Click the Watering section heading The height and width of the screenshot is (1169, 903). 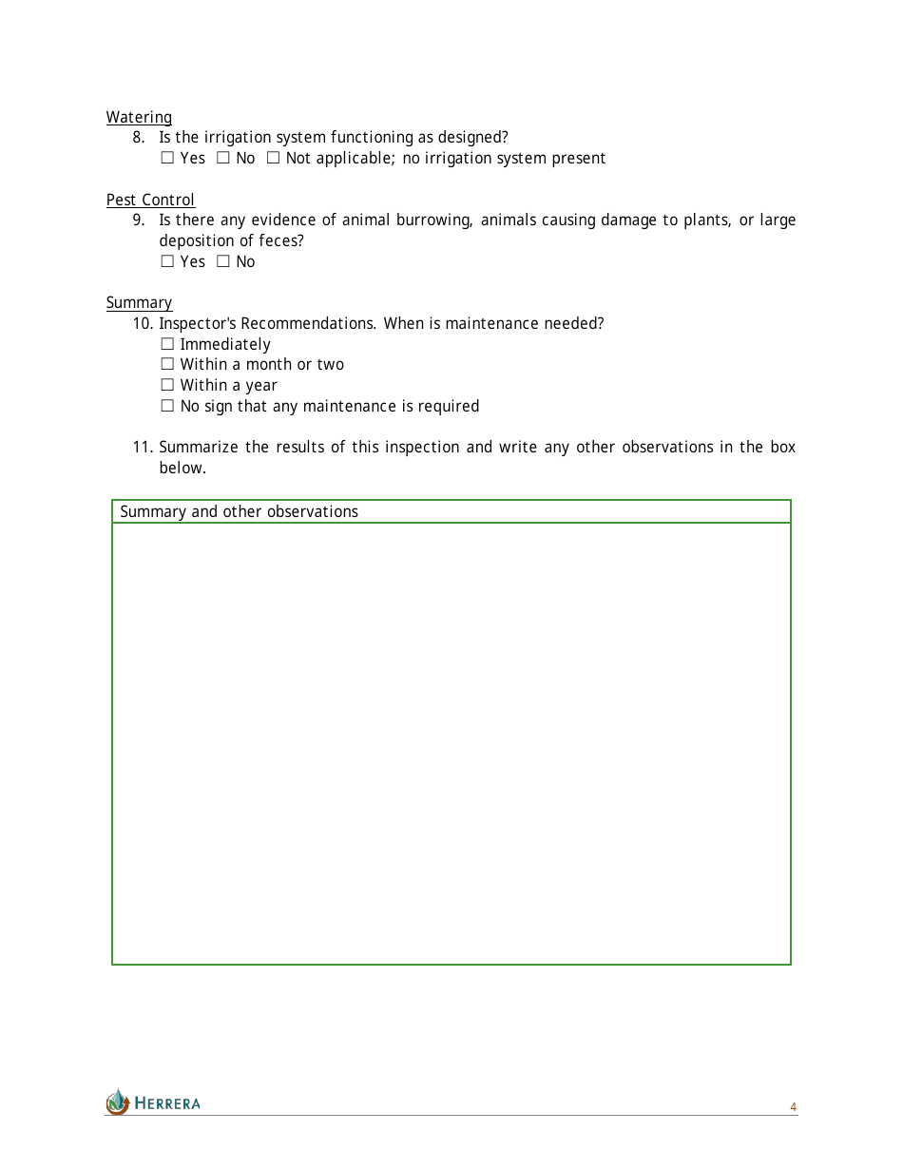pyautogui.click(x=139, y=117)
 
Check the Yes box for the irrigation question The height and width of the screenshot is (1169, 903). pyautogui.click(x=167, y=158)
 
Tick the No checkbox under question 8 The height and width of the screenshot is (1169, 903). pyautogui.click(x=223, y=158)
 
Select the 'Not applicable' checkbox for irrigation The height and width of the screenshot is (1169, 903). pyautogui.click(x=273, y=158)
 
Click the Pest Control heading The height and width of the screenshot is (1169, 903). pyautogui.click(x=150, y=200)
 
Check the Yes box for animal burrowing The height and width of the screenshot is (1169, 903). pyautogui.click(x=167, y=261)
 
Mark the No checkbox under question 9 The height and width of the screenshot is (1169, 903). pyautogui.click(x=223, y=261)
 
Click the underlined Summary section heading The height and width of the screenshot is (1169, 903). pyautogui.click(x=139, y=302)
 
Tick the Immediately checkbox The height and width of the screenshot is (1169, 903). pyautogui.click(x=167, y=344)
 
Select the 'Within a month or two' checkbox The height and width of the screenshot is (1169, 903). pyautogui.click(x=167, y=364)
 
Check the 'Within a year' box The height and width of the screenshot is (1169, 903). pyautogui.click(x=167, y=385)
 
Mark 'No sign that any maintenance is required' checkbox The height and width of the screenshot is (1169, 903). pyautogui.click(x=167, y=406)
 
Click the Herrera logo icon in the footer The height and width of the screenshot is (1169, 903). pyautogui.click(x=117, y=1102)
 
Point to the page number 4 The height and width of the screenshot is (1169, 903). pyautogui.click(x=793, y=1107)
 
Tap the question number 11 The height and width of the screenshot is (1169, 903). pyautogui.click(x=142, y=447)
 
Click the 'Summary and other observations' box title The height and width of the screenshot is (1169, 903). pyautogui.click(x=239, y=511)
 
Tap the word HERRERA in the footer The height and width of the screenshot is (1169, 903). pyautogui.click(x=167, y=1103)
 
